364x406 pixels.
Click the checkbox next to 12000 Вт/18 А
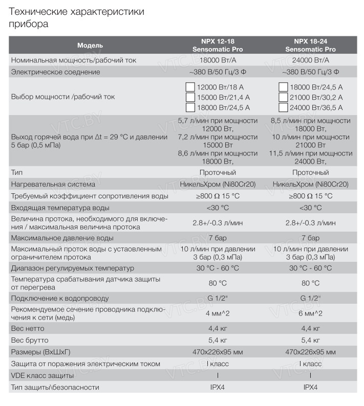(190, 87)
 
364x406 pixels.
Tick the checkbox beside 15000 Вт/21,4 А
(190, 97)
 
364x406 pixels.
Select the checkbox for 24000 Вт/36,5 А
(283, 107)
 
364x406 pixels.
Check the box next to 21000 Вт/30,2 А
(283, 97)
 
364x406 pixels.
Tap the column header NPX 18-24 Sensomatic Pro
(311, 46)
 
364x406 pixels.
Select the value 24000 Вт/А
(311, 60)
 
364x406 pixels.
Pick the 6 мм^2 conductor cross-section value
(311, 313)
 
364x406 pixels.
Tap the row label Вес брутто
(30, 340)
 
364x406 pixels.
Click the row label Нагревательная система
(53, 184)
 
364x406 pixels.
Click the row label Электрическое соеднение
(55, 72)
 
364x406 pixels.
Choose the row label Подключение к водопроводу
(60, 298)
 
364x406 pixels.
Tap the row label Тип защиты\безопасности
(55, 388)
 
